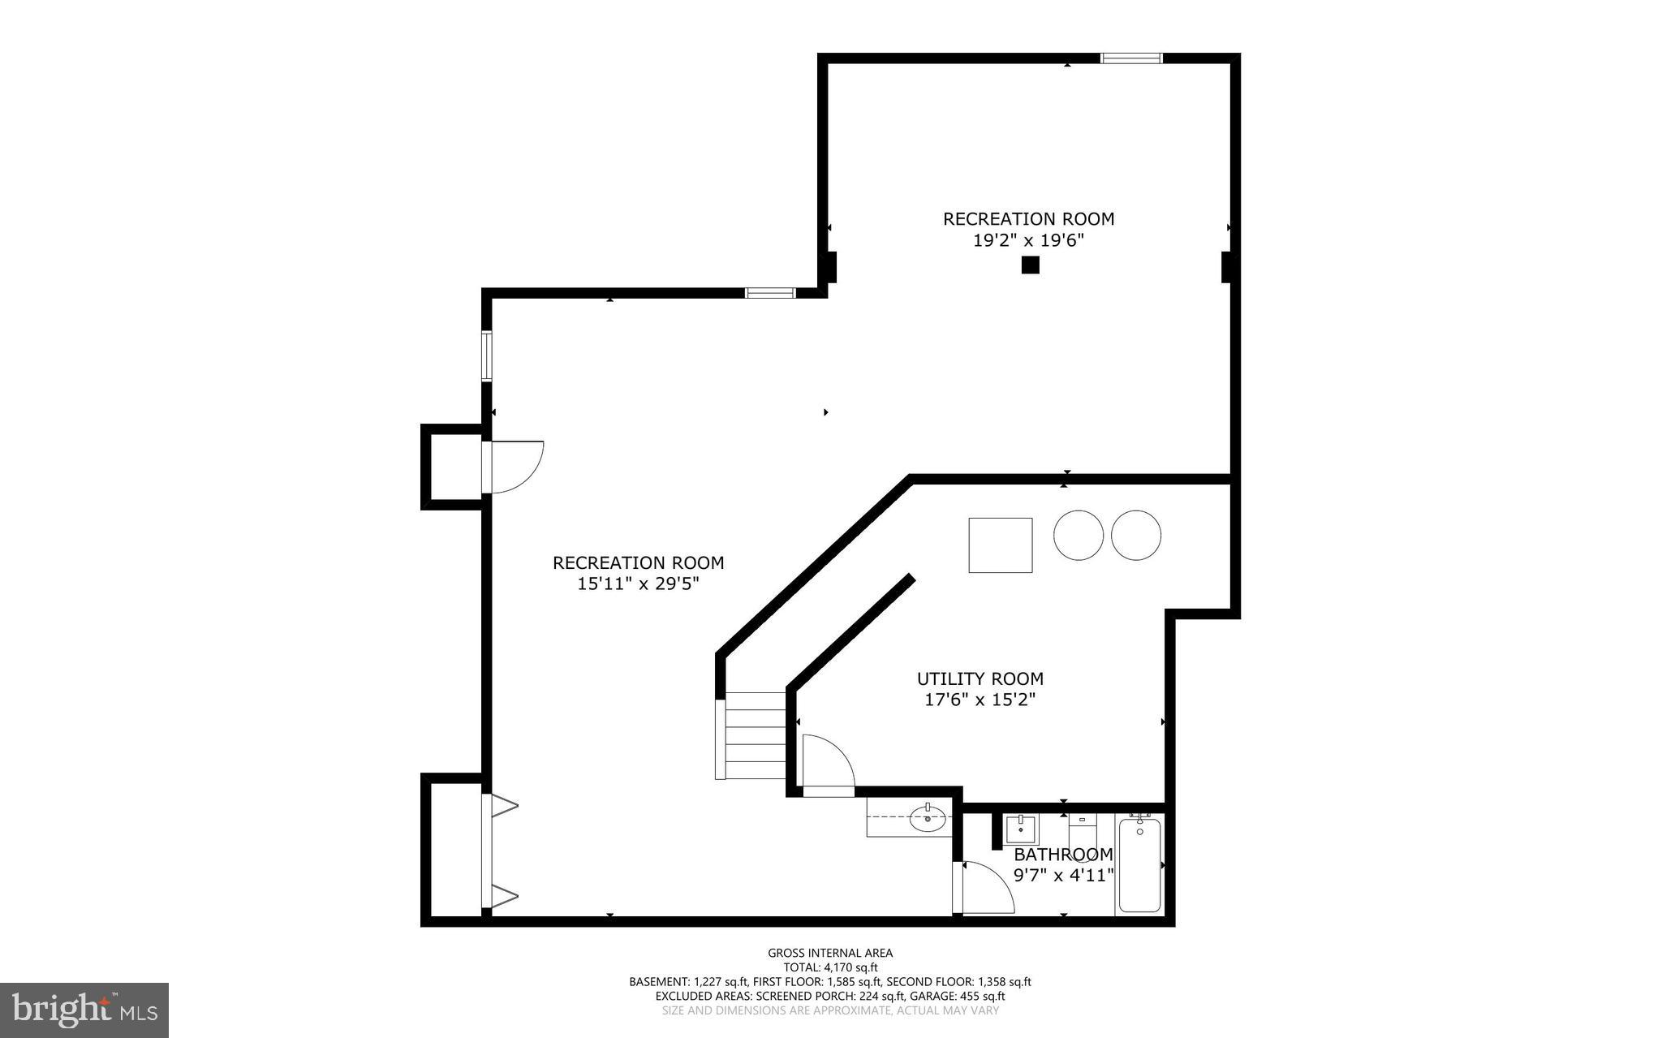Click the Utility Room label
(980, 678)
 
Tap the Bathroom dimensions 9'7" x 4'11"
(1063, 876)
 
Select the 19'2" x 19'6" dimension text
(1028, 240)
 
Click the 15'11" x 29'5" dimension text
(638, 584)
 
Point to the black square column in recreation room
(1030, 265)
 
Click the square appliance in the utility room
(1000, 545)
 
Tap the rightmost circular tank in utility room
(1135, 535)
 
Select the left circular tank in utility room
(1078, 535)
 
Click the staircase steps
(755, 735)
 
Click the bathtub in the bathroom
(1139, 865)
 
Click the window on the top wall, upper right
(1131, 58)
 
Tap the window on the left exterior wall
(487, 355)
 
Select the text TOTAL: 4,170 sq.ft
(830, 967)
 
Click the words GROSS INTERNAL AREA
(830, 953)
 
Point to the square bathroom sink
(1020, 830)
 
